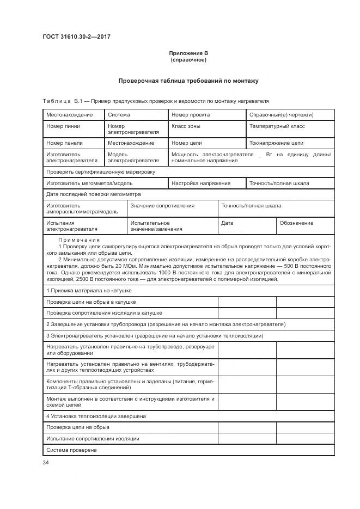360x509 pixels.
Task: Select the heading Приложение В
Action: click(x=188, y=53)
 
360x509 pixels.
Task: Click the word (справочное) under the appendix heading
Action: click(x=188, y=59)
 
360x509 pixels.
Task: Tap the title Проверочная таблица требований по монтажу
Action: click(x=188, y=81)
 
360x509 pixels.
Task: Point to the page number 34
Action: click(x=46, y=462)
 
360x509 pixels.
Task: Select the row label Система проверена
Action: click(x=71, y=450)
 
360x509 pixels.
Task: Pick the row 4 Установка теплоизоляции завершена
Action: click(x=95, y=416)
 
